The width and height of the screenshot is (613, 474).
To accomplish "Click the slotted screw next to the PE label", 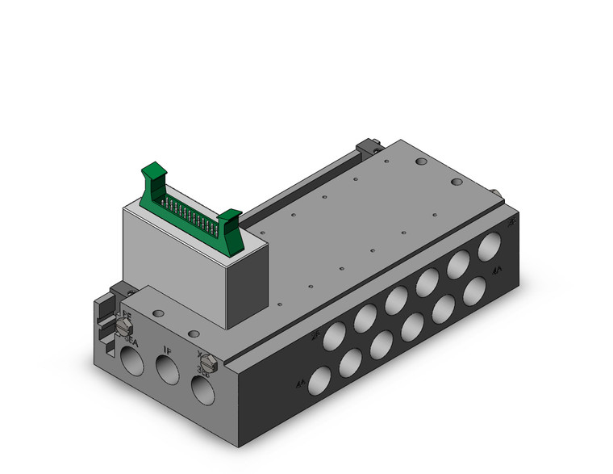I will (124, 326).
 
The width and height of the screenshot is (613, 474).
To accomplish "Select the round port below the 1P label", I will (167, 371).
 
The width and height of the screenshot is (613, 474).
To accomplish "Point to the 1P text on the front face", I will (167, 350).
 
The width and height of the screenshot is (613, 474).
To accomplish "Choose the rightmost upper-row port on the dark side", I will (488, 246).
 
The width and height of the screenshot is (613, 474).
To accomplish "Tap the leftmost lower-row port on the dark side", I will (320, 379).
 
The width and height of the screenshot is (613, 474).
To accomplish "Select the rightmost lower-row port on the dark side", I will (476, 290).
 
